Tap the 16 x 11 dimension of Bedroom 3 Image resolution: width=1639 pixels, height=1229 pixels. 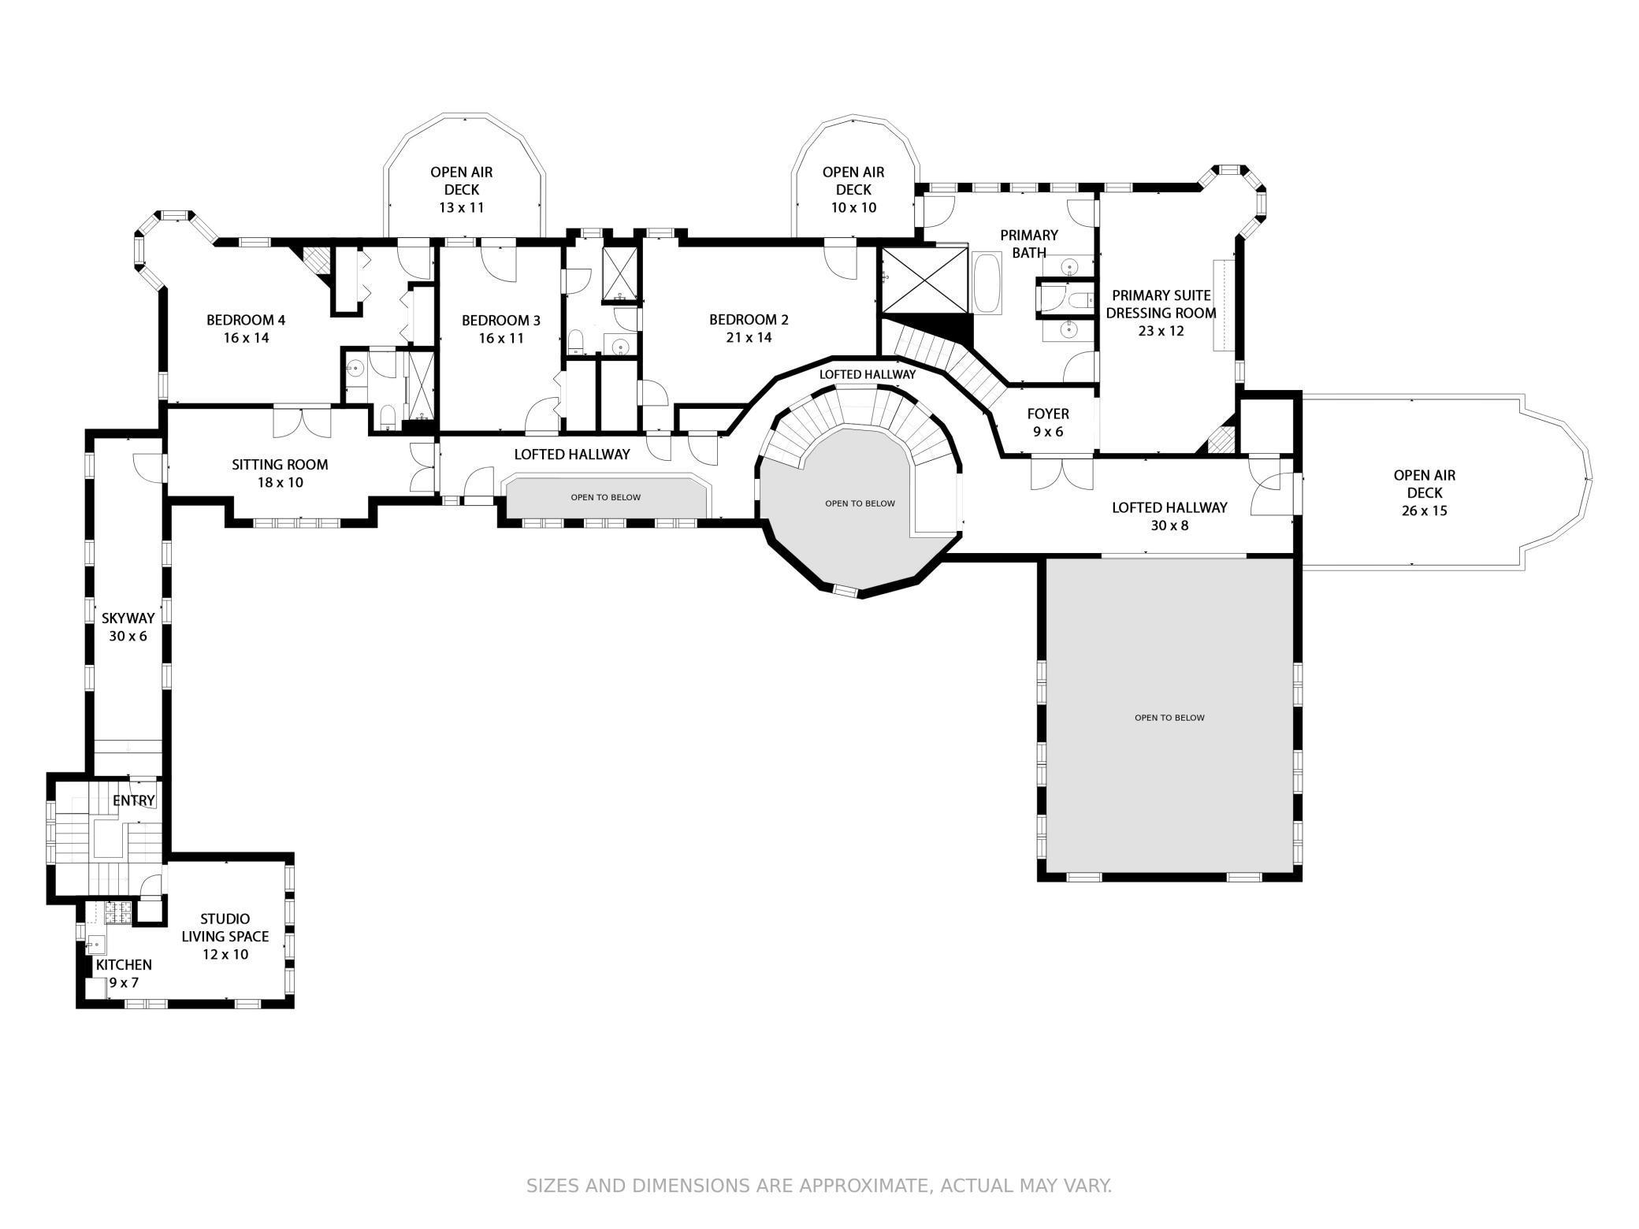(x=501, y=338)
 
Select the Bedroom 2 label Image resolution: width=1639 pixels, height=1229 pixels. (x=748, y=319)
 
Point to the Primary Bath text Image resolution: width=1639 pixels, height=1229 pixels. (x=1028, y=243)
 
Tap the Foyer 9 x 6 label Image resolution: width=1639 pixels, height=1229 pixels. (x=1048, y=422)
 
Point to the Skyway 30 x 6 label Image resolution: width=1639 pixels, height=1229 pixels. (x=128, y=627)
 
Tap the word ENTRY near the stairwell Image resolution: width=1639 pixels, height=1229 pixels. (x=134, y=801)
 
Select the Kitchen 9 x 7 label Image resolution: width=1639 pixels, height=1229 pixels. (x=124, y=973)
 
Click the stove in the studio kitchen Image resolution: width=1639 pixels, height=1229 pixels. (x=117, y=912)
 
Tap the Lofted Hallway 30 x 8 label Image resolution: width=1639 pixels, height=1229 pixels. (x=1169, y=515)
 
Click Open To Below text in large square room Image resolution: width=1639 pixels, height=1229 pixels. (x=1169, y=718)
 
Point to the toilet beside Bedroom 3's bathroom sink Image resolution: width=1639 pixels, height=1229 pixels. (x=577, y=342)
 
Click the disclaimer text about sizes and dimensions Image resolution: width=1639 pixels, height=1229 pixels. (x=819, y=1186)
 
